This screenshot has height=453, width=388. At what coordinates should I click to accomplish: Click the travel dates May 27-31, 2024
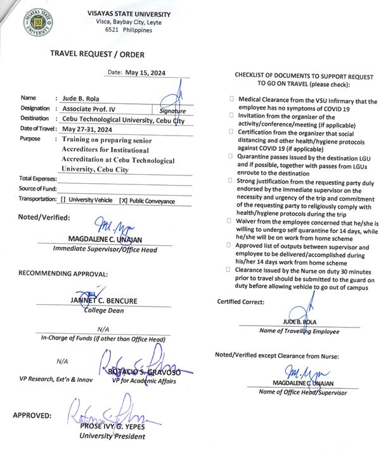coord(92,129)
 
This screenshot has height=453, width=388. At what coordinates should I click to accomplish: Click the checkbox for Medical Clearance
coord(231,100)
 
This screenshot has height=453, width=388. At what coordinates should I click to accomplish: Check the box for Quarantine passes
coord(231,155)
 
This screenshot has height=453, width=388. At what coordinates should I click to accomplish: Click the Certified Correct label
coord(241,302)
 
